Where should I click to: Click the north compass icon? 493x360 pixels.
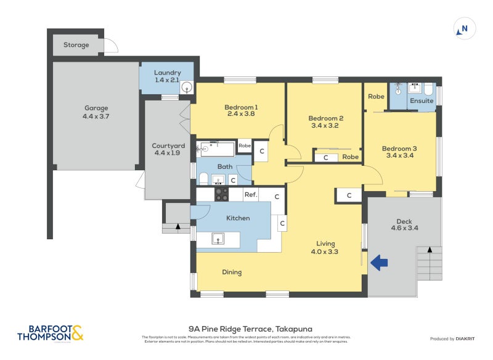(464, 28)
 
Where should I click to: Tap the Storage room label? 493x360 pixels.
(76, 45)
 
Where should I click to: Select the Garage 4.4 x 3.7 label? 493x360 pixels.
(95, 112)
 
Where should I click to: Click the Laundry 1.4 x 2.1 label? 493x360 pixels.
(168, 76)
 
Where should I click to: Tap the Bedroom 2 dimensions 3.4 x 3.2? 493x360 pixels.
(325, 126)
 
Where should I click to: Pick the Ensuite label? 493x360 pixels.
(422, 100)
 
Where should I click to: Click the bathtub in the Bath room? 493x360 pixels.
(215, 149)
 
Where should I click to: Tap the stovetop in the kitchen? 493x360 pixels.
(221, 194)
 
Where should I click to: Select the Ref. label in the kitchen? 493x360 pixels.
(250, 195)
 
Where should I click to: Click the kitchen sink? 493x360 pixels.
(217, 239)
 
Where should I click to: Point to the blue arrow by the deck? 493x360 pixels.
(379, 263)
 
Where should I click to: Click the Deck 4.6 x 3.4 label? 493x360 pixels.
(404, 225)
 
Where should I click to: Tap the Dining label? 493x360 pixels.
(232, 272)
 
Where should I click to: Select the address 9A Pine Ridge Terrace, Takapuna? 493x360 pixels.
(246, 329)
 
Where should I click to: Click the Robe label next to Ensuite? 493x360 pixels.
(376, 97)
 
